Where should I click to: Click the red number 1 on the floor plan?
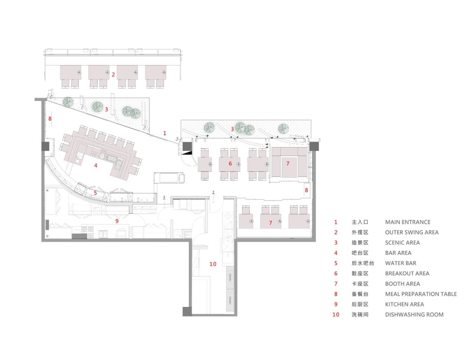[x=165, y=133]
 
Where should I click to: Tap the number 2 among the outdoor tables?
[x=113, y=75]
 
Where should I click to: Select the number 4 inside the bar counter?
[x=96, y=165]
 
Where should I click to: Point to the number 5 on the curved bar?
[x=96, y=193]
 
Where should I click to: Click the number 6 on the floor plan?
[x=230, y=163]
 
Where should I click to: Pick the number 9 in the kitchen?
[x=117, y=221]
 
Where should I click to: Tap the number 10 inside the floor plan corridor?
[x=213, y=264]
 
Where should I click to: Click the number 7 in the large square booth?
[x=287, y=163]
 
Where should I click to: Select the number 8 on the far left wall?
[x=50, y=119]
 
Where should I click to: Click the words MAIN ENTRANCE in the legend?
[x=408, y=222]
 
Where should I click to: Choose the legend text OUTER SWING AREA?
[x=412, y=233]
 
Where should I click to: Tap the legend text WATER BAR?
[x=401, y=263]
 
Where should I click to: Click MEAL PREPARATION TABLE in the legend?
[x=421, y=294]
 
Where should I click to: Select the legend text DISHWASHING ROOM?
[x=414, y=315]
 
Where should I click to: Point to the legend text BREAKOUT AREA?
[x=407, y=273]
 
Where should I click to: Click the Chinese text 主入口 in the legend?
[x=360, y=222]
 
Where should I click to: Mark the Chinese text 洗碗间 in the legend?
[x=360, y=315]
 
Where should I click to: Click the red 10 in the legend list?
[x=336, y=315]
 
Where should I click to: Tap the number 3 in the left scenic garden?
[x=106, y=110]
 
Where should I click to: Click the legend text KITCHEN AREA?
[x=404, y=304]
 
